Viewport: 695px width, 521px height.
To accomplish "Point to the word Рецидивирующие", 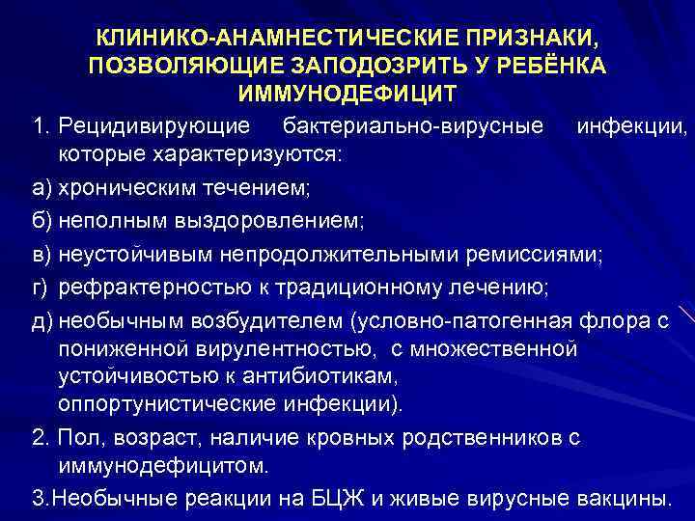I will [156, 127].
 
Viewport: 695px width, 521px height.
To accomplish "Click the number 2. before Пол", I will [40, 437].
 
